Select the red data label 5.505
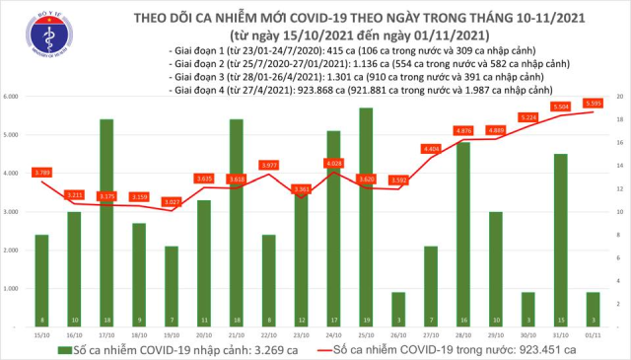pos(593,103)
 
